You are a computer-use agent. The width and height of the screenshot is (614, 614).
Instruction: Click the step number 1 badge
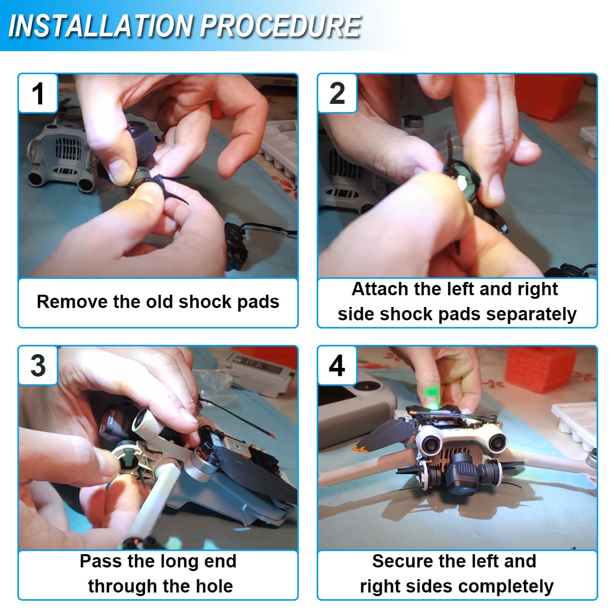[38, 93]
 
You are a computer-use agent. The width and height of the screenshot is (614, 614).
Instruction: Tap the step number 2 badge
[337, 93]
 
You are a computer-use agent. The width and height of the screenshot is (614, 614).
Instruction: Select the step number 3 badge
[38, 365]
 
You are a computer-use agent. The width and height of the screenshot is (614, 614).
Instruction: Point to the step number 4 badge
[337, 365]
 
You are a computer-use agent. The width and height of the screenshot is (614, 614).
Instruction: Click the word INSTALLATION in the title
[100, 26]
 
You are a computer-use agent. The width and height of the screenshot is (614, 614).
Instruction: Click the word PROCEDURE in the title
[281, 26]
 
